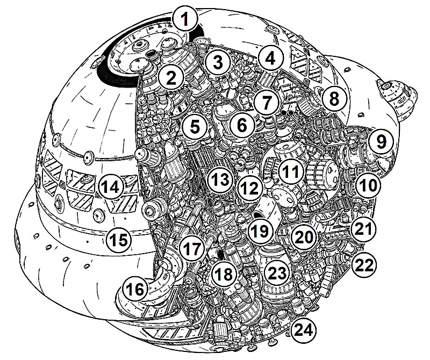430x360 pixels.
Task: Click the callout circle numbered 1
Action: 185,21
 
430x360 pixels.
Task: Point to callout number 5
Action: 195,127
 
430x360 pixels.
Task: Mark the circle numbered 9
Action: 381,142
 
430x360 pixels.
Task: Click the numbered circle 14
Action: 110,187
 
